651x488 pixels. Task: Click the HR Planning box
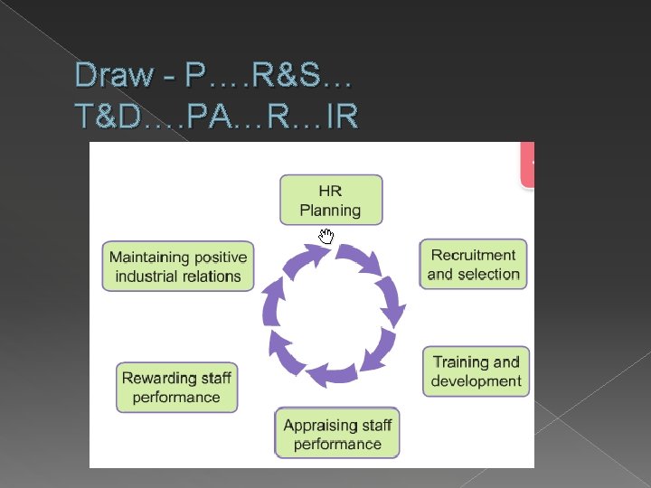330,200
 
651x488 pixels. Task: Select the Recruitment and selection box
473,264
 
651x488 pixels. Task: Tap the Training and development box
476,371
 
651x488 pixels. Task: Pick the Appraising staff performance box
337,434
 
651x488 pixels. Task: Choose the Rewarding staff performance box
176,387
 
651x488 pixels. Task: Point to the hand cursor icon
325,237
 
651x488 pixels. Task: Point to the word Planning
330,211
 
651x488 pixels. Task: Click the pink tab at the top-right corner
527,164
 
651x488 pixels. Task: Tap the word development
476,381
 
